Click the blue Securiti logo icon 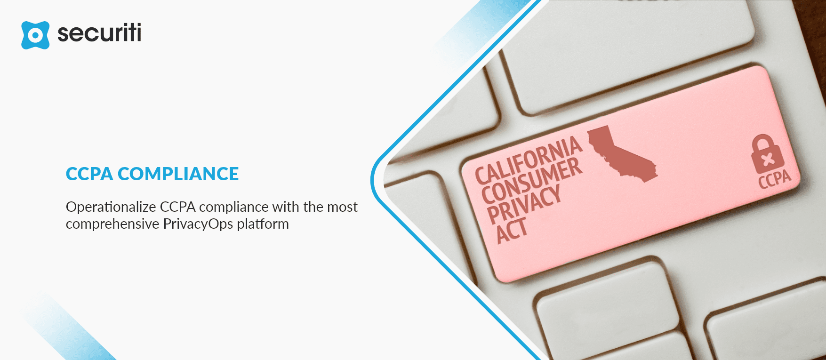[35, 35]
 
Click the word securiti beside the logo [99, 33]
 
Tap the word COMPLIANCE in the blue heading [178, 174]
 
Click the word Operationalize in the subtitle [111, 207]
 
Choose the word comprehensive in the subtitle [112, 224]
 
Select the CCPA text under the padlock [775, 179]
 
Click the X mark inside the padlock [768, 160]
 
